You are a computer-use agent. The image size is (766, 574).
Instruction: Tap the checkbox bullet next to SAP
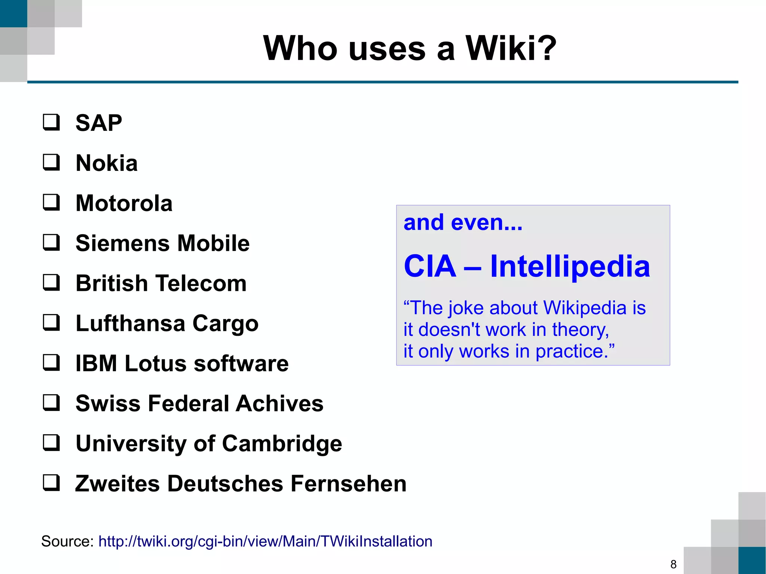click(x=51, y=122)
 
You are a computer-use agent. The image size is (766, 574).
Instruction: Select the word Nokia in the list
click(x=107, y=163)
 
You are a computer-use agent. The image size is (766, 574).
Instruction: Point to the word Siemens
click(x=123, y=243)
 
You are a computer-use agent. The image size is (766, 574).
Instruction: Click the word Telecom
click(x=201, y=283)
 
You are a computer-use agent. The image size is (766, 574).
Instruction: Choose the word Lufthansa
click(x=130, y=323)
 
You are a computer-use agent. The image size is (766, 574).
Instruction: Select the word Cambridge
click(x=282, y=444)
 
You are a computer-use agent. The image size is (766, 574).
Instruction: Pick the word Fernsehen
click(x=348, y=484)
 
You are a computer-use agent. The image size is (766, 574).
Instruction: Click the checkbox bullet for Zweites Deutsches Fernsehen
click(x=51, y=482)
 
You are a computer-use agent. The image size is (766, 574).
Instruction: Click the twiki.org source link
click(x=265, y=541)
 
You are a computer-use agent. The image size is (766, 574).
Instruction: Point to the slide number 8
click(x=673, y=564)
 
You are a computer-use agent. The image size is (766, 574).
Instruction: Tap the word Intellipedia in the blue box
click(x=570, y=266)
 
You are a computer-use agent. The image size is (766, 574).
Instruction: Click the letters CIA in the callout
click(x=430, y=266)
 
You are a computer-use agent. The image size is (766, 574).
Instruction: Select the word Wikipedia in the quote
click(x=585, y=308)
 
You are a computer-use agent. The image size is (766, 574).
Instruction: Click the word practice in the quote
click(x=572, y=352)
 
